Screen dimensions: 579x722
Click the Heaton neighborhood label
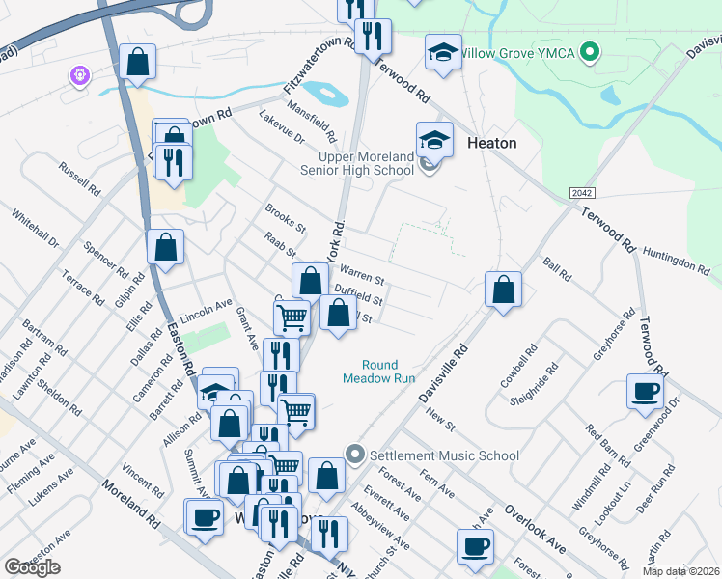[491, 143]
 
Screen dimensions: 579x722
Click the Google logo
[32, 567]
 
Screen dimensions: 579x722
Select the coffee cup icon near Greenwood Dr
[645, 392]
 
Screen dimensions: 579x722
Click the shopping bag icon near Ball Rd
[503, 289]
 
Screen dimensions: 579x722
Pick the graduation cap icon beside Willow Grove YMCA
[443, 53]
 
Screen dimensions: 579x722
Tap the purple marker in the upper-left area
[79, 75]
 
